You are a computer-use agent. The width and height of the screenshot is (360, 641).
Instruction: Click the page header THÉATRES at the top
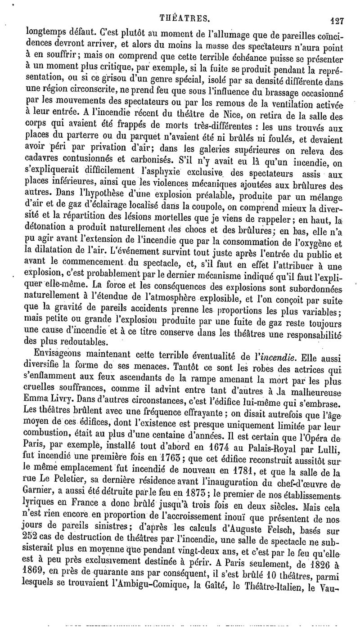coord(185,19)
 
